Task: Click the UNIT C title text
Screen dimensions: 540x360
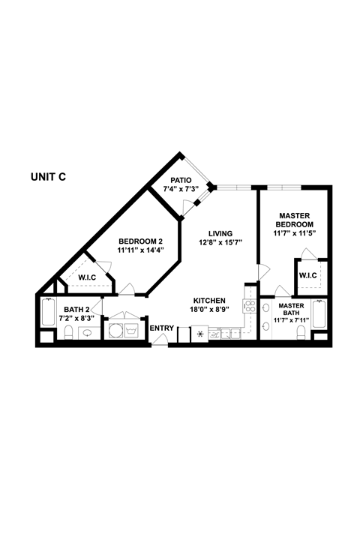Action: click(x=49, y=177)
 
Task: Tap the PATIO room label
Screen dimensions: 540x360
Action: click(x=181, y=180)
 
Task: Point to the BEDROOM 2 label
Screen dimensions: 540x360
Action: click(x=140, y=241)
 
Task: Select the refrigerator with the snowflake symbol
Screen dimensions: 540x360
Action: click(x=200, y=333)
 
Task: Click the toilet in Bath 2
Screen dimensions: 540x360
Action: click(x=68, y=333)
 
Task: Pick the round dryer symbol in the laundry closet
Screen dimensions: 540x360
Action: click(x=116, y=331)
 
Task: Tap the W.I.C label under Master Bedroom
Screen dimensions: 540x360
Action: click(x=308, y=275)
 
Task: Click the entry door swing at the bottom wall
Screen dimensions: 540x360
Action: click(x=160, y=340)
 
